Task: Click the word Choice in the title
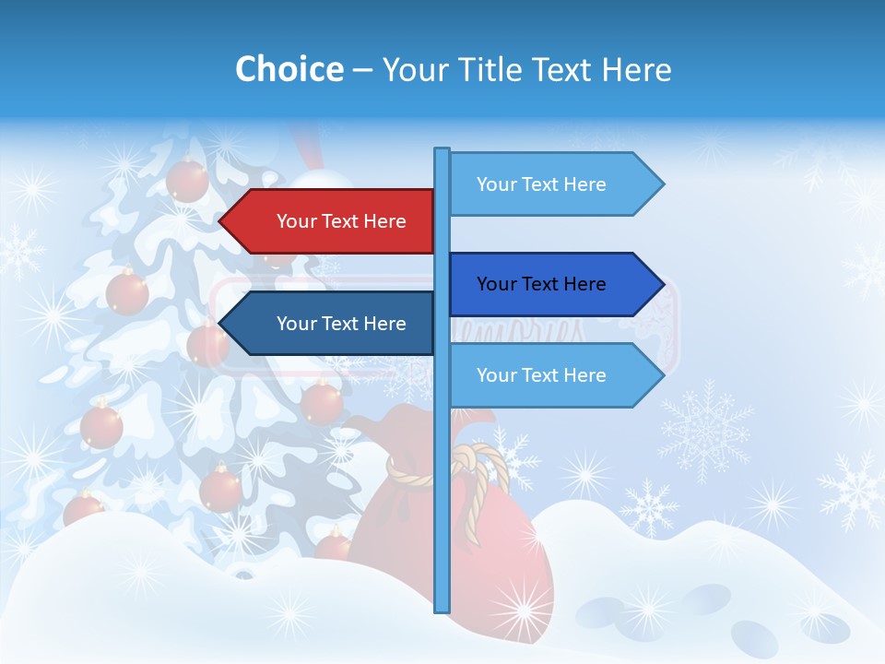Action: point(289,69)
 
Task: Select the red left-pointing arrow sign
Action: point(332,221)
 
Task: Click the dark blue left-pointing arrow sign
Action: point(332,324)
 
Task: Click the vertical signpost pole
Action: point(442,461)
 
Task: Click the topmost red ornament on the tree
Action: point(187,179)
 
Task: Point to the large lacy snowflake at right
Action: point(705,429)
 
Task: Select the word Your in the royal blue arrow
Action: point(496,284)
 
